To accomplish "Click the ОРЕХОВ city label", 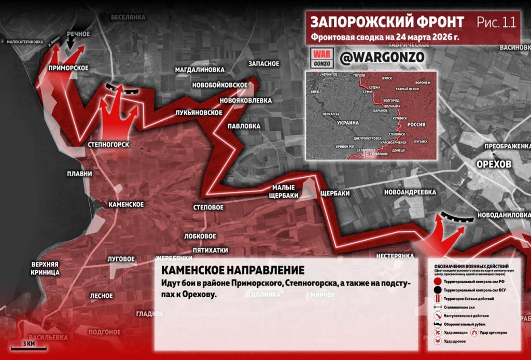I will point(494,164).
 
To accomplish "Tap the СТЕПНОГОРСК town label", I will point(108,144).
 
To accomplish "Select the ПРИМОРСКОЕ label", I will point(68,67).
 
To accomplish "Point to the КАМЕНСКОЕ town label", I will point(126,204).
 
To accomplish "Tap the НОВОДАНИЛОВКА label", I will point(504,214).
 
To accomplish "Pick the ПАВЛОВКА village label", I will point(244,126).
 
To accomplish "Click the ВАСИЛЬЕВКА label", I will point(48,337).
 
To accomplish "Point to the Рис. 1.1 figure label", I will point(496,22).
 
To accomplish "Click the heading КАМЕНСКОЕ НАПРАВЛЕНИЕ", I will point(232,270).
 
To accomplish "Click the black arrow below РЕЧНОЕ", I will point(70,45).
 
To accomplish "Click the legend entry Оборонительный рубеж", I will point(465,324).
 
